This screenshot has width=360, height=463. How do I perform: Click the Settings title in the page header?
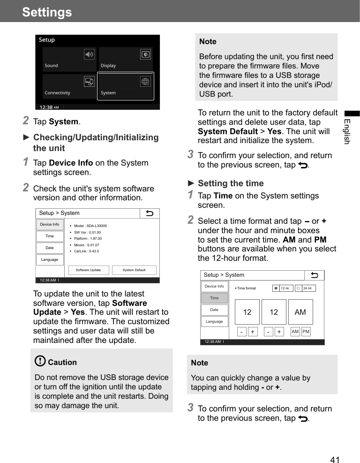click(x=47, y=12)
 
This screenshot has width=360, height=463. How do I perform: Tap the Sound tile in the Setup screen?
click(x=69, y=59)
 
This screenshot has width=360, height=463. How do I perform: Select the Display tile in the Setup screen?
click(x=126, y=59)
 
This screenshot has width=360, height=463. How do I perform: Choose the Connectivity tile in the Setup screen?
click(x=69, y=87)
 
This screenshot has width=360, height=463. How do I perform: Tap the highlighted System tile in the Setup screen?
click(x=126, y=87)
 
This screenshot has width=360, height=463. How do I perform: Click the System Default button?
click(x=134, y=270)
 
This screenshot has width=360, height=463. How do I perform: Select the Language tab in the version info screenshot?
click(x=50, y=259)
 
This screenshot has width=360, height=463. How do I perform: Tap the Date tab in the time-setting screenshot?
click(x=214, y=310)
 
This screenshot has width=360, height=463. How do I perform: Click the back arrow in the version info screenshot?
click(x=150, y=213)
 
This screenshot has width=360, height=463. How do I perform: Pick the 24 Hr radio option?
click(x=306, y=288)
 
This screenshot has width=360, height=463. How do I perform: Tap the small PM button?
click(x=306, y=332)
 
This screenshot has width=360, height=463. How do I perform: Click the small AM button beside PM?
click(x=295, y=332)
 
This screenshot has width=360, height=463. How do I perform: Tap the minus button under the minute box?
click(x=268, y=332)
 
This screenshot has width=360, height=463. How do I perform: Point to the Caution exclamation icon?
click(x=40, y=361)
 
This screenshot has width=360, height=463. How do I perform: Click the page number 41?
click(x=335, y=460)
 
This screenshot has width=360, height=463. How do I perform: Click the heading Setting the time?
click(x=231, y=183)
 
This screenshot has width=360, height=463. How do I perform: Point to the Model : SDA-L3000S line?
click(x=90, y=226)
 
